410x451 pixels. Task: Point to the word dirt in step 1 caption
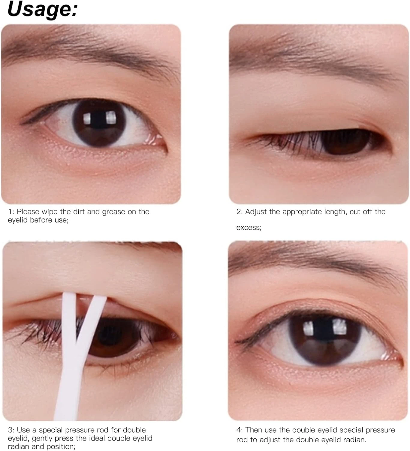(x=79, y=212)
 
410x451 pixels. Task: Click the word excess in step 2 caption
(x=249, y=228)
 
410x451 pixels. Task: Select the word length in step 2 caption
(x=332, y=212)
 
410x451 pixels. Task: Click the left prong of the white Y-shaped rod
(x=69, y=319)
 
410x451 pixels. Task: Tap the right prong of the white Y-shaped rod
(x=92, y=319)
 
